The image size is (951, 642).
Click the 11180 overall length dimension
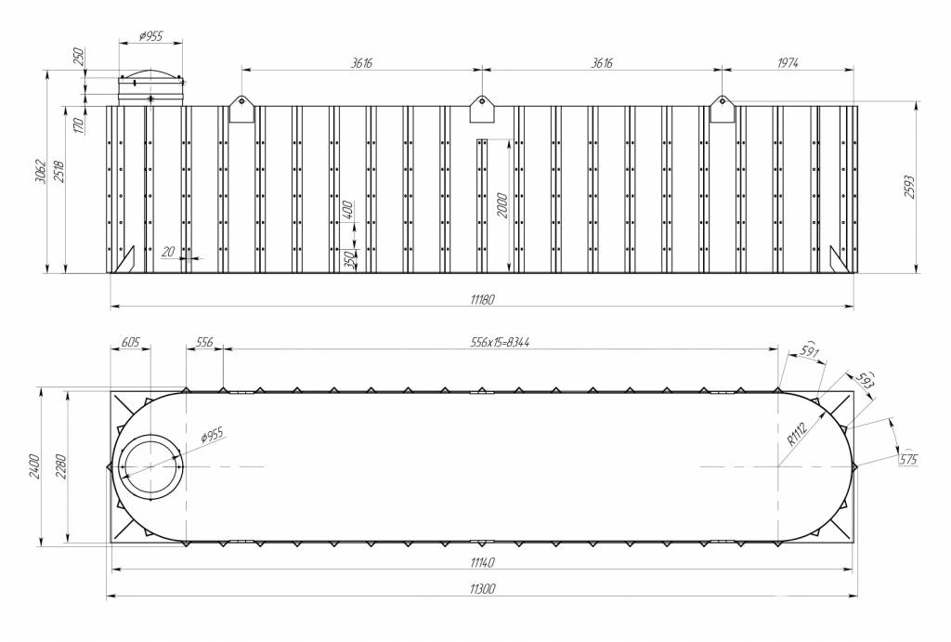tap(482, 299)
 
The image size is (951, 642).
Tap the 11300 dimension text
tap(482, 589)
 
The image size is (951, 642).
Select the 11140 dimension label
tap(482, 562)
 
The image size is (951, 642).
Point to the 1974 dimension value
tap(787, 63)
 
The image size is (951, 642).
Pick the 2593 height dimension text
tap(909, 188)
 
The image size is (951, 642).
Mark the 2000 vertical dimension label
tap(502, 205)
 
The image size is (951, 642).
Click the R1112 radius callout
tap(797, 435)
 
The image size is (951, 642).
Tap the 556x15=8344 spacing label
tap(500, 342)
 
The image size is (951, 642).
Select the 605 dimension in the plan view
tap(130, 342)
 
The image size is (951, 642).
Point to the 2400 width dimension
tap(34, 466)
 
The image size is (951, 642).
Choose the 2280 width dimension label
tap(61, 466)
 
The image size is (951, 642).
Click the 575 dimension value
tap(908, 459)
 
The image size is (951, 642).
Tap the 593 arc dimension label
tap(866, 380)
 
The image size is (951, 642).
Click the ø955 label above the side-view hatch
tap(151, 36)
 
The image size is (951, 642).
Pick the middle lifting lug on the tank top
tap(482, 110)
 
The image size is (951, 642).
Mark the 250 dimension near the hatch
tap(78, 57)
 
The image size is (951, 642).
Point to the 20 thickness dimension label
tap(168, 251)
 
